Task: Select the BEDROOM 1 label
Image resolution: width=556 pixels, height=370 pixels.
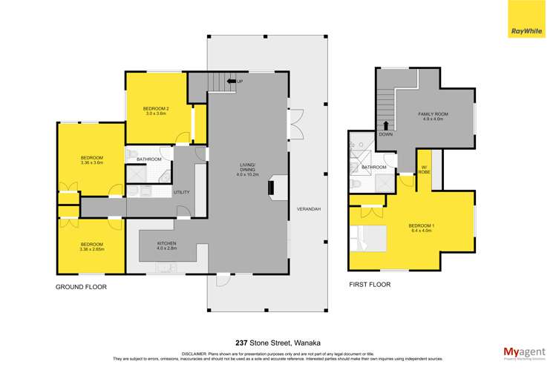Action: [x=421, y=228]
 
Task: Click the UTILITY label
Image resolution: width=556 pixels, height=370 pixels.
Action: [x=182, y=193]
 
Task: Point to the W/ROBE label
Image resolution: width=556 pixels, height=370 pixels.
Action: [x=425, y=168]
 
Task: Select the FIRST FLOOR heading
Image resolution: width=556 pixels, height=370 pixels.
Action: [x=369, y=284]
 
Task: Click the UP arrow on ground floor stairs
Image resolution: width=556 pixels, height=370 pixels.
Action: [x=231, y=81]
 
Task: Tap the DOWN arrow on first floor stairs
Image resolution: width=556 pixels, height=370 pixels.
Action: [x=386, y=126]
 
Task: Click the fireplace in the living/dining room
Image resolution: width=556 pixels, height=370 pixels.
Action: [x=272, y=187]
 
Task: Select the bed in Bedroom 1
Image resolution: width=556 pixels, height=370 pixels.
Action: [x=370, y=238]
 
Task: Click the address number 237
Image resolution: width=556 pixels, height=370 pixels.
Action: [x=242, y=322]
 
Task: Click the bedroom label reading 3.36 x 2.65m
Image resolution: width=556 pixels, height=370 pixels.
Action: [x=92, y=247]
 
